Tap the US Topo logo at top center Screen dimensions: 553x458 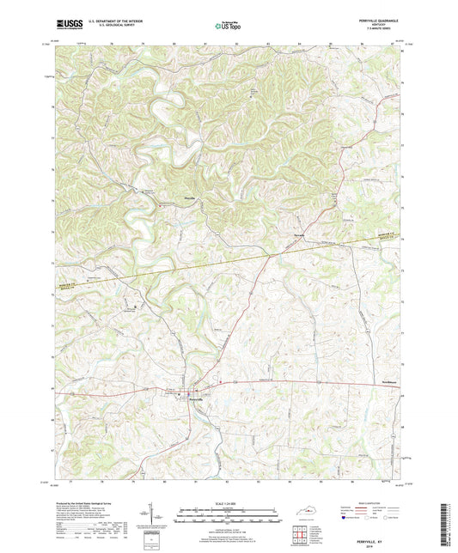click(228, 26)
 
